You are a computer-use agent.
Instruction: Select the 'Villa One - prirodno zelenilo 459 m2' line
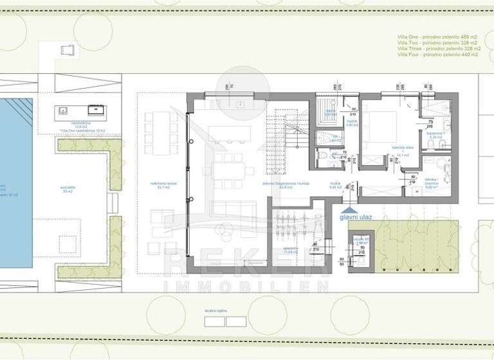click(437, 37)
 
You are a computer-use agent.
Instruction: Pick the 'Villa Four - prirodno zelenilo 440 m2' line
click(437, 55)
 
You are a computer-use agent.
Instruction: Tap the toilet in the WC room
click(322, 154)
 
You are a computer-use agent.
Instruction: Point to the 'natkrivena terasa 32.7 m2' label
click(160, 186)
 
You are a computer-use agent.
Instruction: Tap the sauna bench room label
click(331, 113)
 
